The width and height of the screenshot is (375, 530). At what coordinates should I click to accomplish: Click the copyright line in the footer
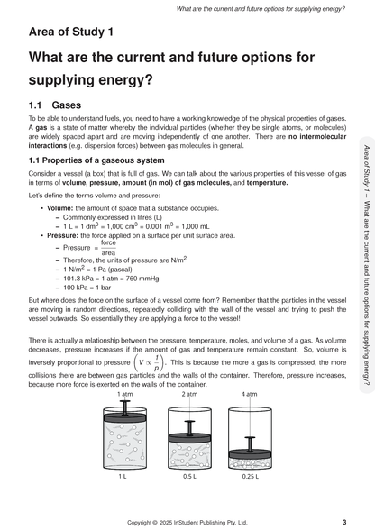(x=187, y=522)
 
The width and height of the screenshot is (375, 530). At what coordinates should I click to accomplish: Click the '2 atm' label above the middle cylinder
(x=189, y=394)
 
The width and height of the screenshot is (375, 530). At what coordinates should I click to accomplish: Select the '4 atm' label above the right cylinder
(x=247, y=394)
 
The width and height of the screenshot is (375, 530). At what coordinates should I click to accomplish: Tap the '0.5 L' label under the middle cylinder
(x=189, y=476)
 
